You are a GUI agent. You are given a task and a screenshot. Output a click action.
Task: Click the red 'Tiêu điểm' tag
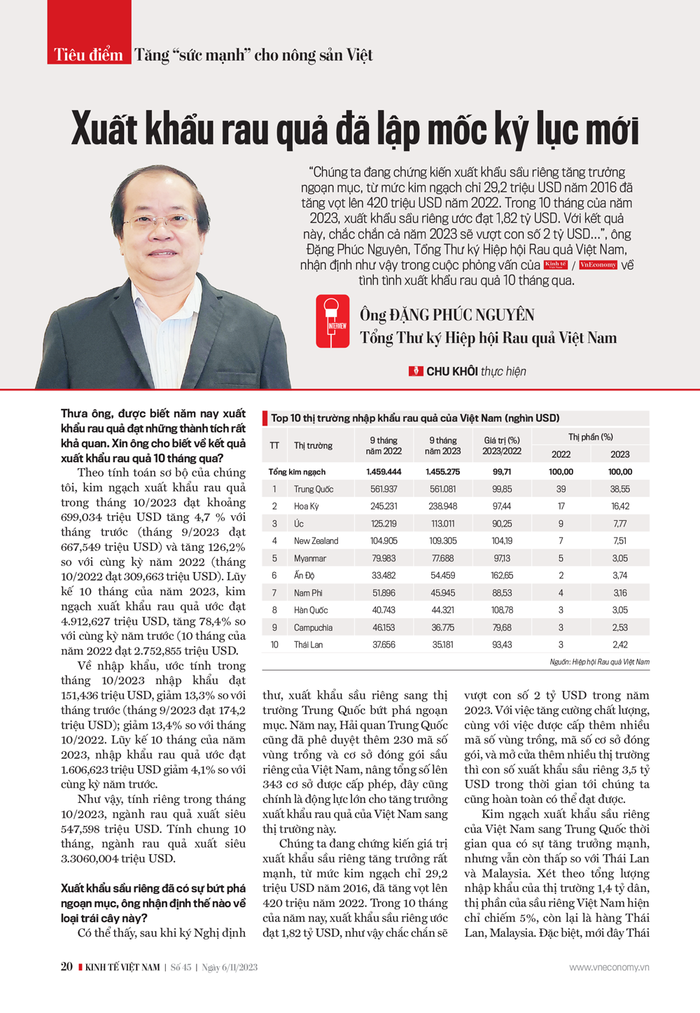(89, 55)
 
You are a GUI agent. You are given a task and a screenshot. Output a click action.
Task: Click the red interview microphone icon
(332, 321)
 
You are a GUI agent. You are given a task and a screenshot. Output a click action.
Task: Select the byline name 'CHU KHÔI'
(451, 371)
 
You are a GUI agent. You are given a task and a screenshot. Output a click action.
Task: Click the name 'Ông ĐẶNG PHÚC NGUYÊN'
(447, 315)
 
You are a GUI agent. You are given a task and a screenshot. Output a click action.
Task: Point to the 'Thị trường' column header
(313, 446)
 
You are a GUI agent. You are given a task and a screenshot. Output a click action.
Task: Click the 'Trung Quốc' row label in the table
(313, 489)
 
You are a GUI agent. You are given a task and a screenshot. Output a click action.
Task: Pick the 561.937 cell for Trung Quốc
(384, 489)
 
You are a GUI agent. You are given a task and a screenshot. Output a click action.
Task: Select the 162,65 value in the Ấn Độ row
(502, 575)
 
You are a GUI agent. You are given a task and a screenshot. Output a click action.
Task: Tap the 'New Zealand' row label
(316, 541)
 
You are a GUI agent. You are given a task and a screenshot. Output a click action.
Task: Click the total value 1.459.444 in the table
(384, 472)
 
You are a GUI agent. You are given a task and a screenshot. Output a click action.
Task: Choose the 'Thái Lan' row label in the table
(308, 645)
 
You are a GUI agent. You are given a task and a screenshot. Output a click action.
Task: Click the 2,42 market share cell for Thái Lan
(619, 645)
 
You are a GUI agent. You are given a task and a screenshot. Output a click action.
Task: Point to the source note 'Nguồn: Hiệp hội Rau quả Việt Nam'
(599, 662)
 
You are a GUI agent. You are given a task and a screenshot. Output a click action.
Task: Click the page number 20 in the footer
(66, 967)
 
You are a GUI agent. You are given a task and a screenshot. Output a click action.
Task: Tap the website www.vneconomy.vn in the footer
(609, 967)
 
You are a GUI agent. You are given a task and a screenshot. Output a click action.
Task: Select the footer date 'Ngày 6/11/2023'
(230, 967)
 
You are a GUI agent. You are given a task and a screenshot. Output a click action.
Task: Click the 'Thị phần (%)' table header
(590, 437)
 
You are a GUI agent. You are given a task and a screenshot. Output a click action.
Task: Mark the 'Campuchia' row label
(313, 628)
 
